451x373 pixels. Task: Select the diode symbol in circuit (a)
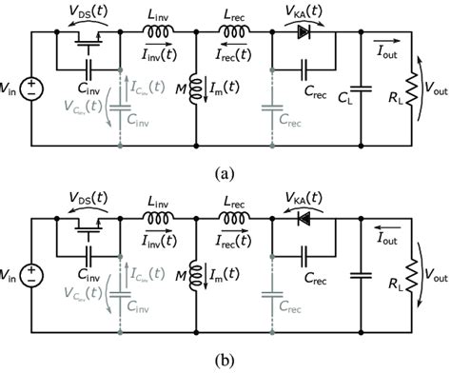tap(304, 31)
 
